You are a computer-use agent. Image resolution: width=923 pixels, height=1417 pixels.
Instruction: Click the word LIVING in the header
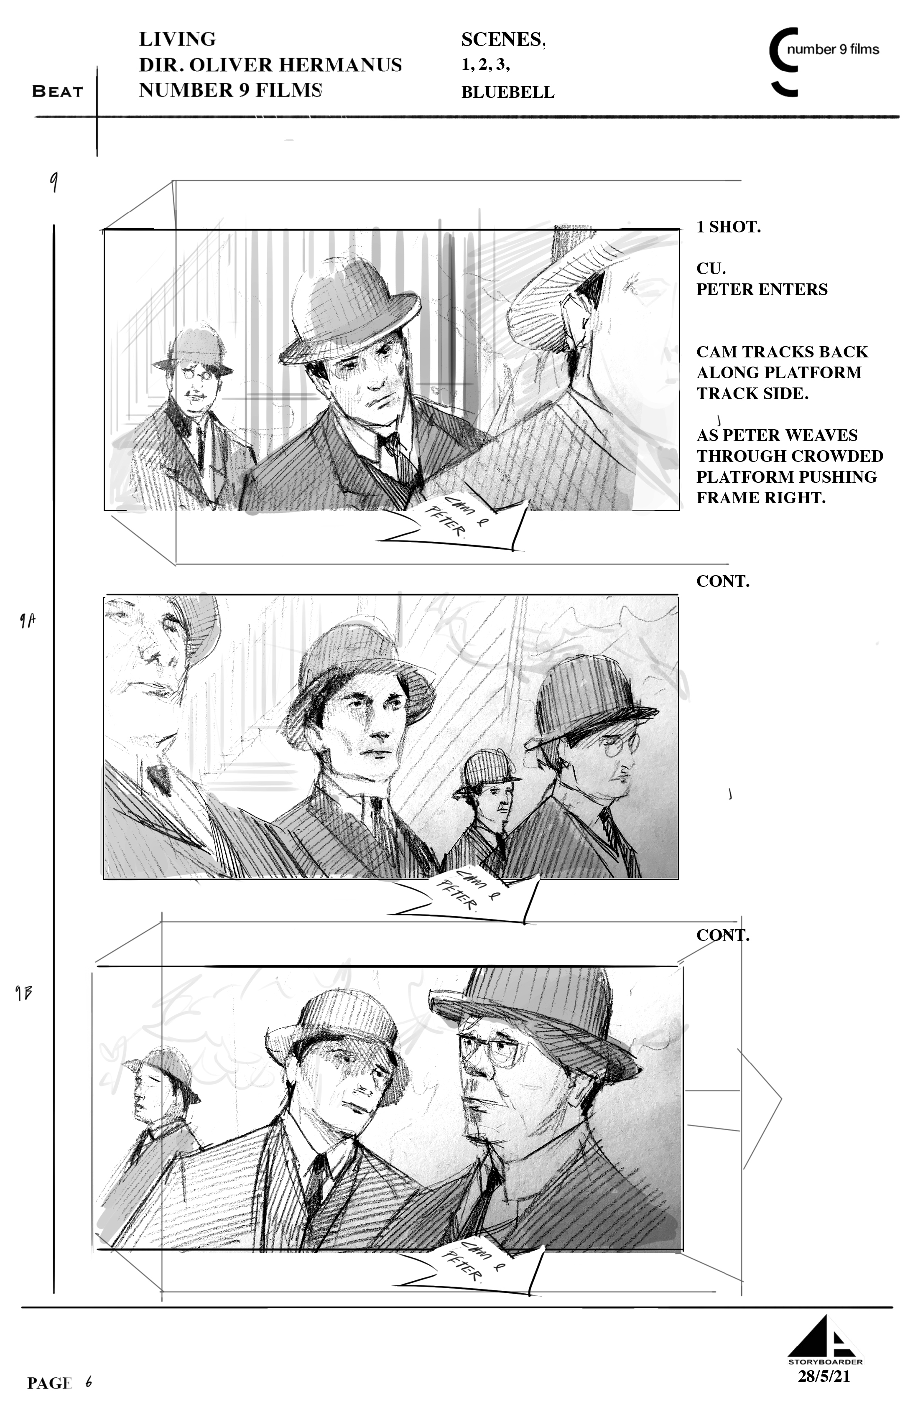178,39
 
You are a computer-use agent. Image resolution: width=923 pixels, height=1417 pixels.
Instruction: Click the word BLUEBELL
508,92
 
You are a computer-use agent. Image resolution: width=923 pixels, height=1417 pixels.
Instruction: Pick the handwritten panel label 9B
24,993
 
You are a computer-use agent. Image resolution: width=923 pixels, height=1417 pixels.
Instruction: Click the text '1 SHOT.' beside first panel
728,227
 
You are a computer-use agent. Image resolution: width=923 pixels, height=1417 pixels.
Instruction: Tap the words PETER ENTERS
762,289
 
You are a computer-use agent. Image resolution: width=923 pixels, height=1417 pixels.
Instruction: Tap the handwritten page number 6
88,1381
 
